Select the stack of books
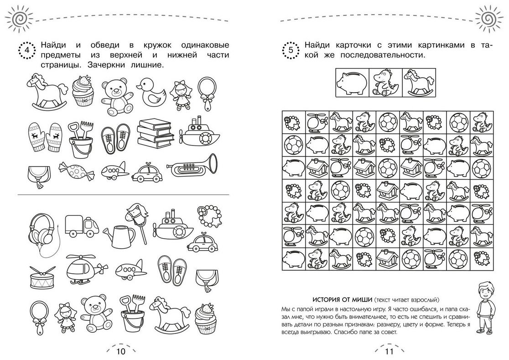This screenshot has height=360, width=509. (154, 133)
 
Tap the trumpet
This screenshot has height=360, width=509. (192, 165)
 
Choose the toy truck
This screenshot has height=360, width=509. (82, 225)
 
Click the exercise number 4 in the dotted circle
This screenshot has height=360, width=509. (27, 50)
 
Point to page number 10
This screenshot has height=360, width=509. (120, 351)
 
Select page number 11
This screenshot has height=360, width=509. (389, 351)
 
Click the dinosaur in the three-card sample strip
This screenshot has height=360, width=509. (386, 83)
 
